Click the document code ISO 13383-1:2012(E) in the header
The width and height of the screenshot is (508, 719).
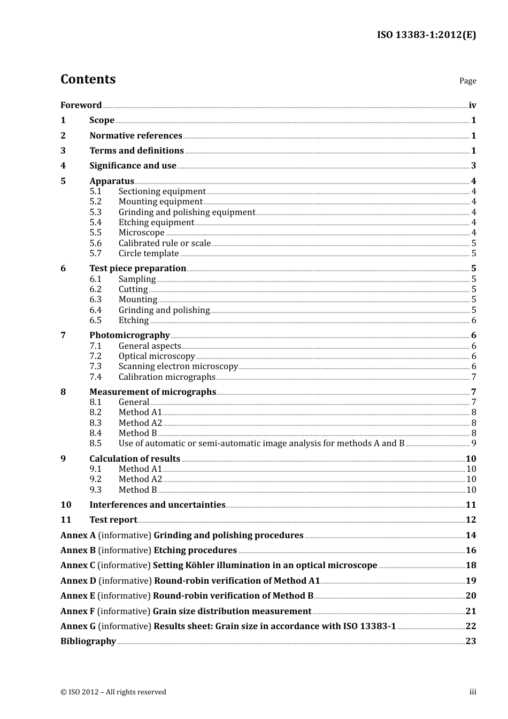point(426,35)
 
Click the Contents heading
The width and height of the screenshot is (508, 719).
point(88,79)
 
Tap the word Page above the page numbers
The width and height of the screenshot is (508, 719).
point(467,81)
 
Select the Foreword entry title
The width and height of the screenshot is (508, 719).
point(81,105)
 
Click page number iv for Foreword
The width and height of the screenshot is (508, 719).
point(472,105)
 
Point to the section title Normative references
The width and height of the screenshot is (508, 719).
point(136,135)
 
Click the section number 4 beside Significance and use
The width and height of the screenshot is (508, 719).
point(63,166)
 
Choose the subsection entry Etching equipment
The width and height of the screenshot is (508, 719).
point(156,222)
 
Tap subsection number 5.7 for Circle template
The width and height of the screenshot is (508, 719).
point(96,253)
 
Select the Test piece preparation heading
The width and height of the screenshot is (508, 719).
point(137,268)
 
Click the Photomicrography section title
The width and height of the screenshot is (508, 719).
point(129,335)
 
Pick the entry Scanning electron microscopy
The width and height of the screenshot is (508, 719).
point(178,366)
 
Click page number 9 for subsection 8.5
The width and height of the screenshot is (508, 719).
point(473,443)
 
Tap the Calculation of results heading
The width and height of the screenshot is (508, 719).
point(135,458)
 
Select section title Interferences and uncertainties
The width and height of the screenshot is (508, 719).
point(157,504)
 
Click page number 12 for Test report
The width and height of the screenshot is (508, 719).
point(471,519)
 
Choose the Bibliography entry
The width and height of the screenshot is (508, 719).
point(88,641)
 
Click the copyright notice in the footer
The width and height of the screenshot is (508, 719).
point(113,692)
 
